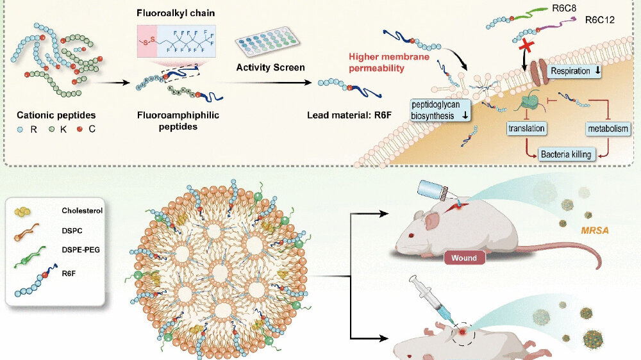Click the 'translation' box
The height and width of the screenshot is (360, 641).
pos(526,129)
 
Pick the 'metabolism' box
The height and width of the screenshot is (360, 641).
pos(608,129)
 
